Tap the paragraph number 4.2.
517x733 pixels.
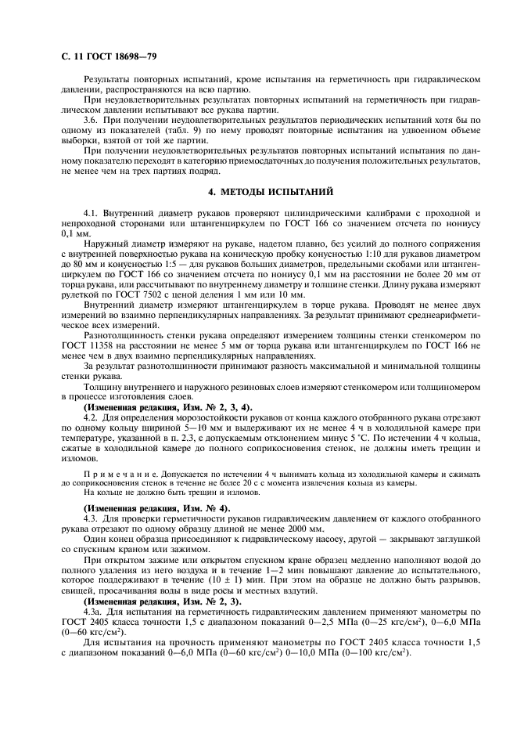pos(90,421)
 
